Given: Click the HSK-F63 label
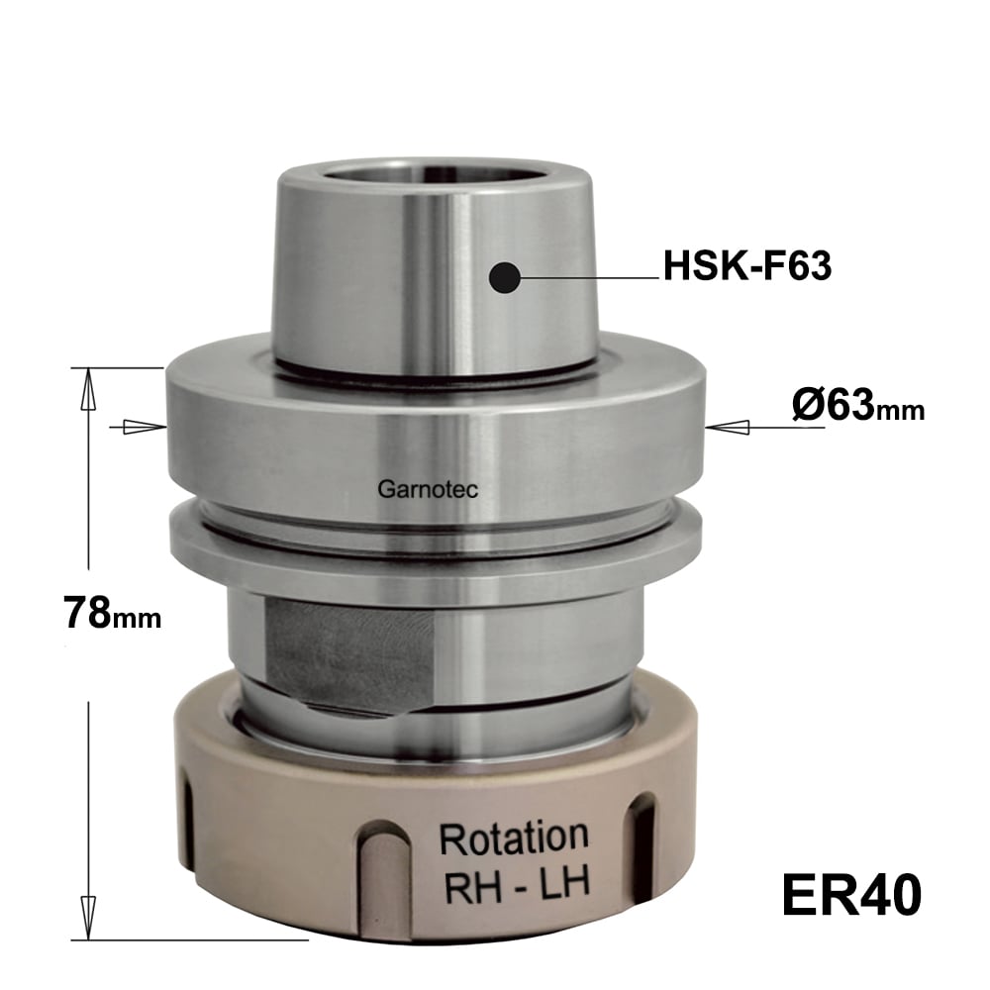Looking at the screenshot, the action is coord(746,265).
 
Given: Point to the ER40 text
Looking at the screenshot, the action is coord(851,895).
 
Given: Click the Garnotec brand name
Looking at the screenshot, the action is coord(428,489).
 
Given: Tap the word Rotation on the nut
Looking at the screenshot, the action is coord(513,838).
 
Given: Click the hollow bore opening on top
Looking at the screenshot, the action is coord(434,178).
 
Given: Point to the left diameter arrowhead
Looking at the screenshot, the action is coord(143,428).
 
